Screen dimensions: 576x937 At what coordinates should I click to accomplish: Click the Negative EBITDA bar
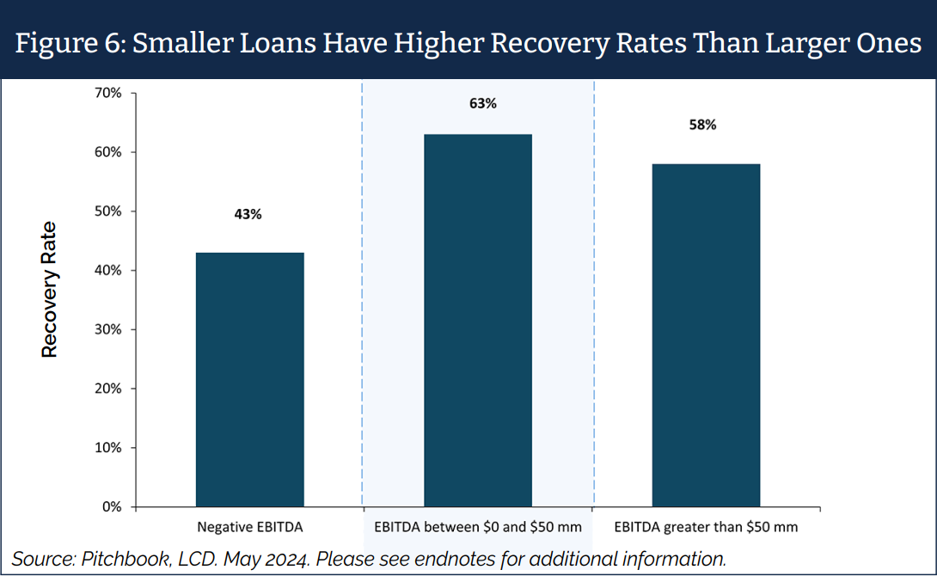point(249,379)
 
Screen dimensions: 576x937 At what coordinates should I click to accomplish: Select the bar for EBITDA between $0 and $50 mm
point(478,320)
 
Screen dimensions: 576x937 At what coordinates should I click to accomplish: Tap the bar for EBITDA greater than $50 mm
point(706,334)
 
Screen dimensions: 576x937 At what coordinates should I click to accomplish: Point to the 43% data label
point(248,214)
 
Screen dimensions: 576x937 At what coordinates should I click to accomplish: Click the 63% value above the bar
point(483,103)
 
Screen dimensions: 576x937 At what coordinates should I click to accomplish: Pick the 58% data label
point(702,125)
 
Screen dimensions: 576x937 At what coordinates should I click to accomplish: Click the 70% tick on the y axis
point(109,93)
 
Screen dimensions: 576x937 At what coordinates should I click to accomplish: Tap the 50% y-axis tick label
point(109,211)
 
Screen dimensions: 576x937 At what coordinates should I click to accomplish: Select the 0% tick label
point(113,507)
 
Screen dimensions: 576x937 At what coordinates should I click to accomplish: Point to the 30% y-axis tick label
point(109,330)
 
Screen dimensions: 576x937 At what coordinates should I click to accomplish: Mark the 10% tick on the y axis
point(109,448)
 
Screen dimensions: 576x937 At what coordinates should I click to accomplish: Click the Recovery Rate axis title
point(50,289)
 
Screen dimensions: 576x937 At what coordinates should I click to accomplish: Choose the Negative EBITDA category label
point(249,526)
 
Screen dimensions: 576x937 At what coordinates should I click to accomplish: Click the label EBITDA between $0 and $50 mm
point(478,526)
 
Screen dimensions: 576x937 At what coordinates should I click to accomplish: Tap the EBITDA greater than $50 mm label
point(706,526)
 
